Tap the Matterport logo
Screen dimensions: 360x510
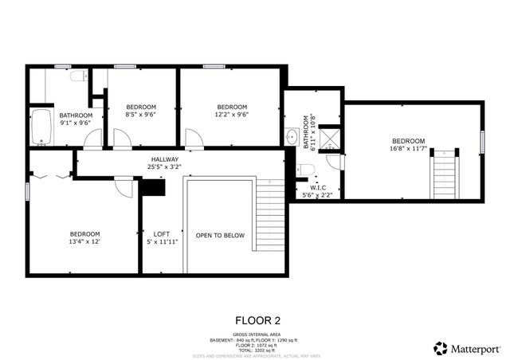[x=467, y=348]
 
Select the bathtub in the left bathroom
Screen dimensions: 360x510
[x=41, y=126]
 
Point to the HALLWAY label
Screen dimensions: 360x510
[x=165, y=159]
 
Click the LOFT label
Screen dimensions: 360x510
[x=161, y=233]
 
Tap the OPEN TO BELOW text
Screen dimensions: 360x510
[x=220, y=235]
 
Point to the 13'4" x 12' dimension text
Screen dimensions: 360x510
[x=84, y=241]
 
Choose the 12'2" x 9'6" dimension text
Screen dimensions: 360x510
[x=232, y=114]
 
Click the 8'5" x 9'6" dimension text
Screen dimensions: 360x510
[x=141, y=114]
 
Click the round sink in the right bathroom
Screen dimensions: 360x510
[x=292, y=135]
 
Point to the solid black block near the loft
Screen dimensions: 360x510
[x=151, y=187]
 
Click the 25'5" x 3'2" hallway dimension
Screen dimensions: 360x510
[x=165, y=167]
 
